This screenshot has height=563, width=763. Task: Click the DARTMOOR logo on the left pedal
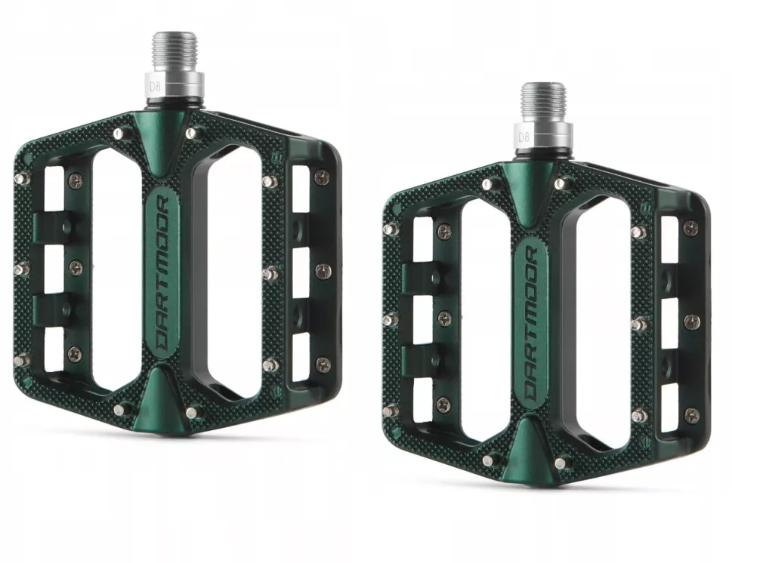(x=161, y=274)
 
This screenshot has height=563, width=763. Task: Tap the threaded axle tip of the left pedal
(x=175, y=52)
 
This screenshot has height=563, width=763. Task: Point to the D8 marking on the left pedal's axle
(x=155, y=88)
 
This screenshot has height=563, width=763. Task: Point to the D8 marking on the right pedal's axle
(x=524, y=137)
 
